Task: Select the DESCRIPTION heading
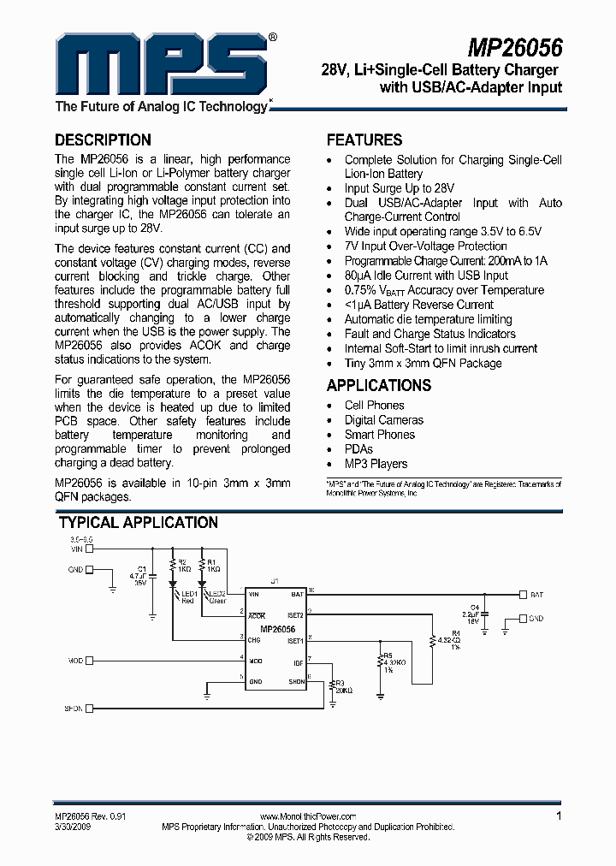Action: click(103, 140)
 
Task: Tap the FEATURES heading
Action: click(364, 140)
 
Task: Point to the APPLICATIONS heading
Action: click(378, 385)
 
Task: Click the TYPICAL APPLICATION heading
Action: click(138, 522)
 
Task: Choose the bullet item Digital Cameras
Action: click(383, 420)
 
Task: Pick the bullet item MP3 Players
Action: click(376, 464)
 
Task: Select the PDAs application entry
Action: click(358, 449)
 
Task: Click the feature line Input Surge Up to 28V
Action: click(400, 188)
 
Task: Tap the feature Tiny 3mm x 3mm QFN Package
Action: click(423, 363)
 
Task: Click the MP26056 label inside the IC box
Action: click(277, 629)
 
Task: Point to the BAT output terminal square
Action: click(522, 593)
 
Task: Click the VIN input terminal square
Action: click(89, 549)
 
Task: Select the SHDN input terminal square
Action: click(89, 708)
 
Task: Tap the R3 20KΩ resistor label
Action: click(343, 685)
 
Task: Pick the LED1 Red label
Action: click(189, 596)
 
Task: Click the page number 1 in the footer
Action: click(559, 816)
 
